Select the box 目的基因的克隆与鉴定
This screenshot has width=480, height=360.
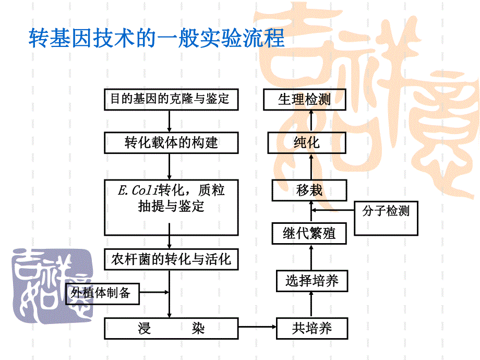(x=171, y=99)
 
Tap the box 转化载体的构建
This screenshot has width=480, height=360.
(x=171, y=142)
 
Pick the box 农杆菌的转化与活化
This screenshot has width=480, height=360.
(x=171, y=259)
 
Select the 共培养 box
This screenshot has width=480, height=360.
(x=311, y=328)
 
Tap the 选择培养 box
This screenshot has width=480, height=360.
(x=311, y=282)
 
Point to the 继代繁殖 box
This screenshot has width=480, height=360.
(x=309, y=233)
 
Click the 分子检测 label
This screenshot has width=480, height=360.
(x=386, y=211)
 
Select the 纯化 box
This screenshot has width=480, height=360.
(x=306, y=142)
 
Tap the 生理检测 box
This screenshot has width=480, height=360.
(x=304, y=99)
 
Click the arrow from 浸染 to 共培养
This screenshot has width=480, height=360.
(x=258, y=328)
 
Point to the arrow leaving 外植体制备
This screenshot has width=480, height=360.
(x=155, y=292)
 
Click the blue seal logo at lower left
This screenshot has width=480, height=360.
(x=51, y=282)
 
